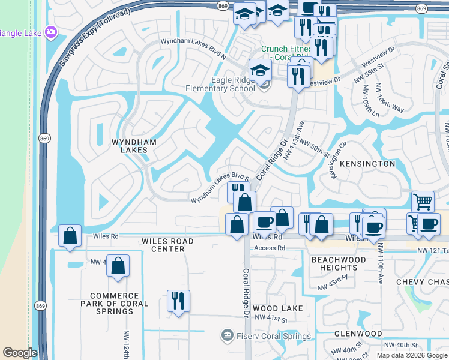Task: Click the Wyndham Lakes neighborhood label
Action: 134,147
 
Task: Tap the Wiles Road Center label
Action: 167,245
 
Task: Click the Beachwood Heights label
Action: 334,263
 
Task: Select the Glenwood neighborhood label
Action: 358,333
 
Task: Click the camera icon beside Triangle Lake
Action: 50,31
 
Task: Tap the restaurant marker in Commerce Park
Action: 178,300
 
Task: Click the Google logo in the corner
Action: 20,353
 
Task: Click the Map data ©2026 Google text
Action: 411,355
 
